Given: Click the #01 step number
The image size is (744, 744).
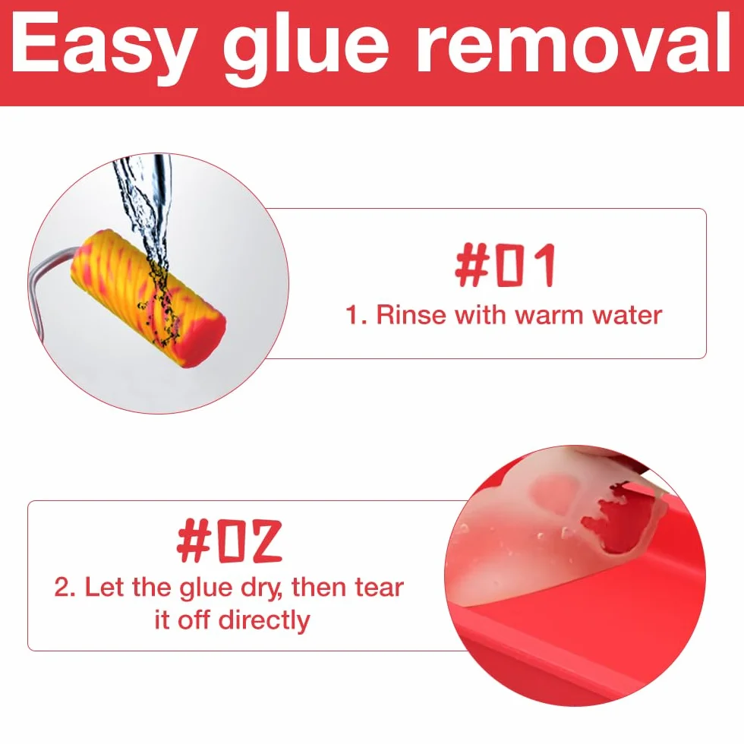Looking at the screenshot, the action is [x=505, y=265].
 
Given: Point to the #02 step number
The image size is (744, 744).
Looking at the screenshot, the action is [x=229, y=541].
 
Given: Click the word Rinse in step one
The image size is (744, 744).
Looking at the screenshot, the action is [x=411, y=314].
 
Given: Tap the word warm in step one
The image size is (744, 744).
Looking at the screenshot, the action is [x=550, y=315].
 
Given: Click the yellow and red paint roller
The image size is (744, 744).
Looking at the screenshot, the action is [x=149, y=299].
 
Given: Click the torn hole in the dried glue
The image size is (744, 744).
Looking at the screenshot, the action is [x=612, y=519].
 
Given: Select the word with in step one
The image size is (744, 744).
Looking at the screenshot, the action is [x=481, y=314].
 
